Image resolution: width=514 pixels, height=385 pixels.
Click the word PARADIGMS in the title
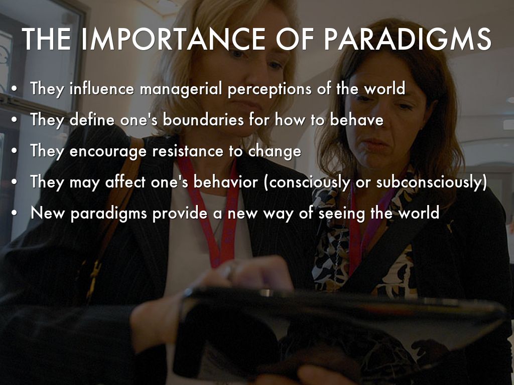point(408,39)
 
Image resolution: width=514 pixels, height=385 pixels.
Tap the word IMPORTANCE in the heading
point(173,39)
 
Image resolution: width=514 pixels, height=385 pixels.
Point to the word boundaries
point(203,119)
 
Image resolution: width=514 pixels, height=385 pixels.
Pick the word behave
point(356,119)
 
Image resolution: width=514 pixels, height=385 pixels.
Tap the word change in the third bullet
point(275,151)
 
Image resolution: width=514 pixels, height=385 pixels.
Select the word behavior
point(225,182)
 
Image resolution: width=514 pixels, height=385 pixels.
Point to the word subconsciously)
point(432,182)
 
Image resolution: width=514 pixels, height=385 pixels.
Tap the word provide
point(180,214)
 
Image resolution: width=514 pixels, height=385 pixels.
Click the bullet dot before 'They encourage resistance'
point(14,151)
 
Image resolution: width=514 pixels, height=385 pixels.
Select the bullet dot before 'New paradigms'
point(14,213)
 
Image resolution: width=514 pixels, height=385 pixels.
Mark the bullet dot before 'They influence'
point(14,89)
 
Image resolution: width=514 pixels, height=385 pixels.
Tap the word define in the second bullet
point(92,119)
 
